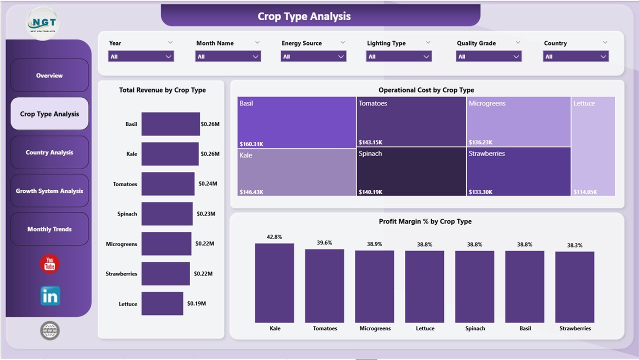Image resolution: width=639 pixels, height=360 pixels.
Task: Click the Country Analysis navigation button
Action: pyautogui.click(x=49, y=152)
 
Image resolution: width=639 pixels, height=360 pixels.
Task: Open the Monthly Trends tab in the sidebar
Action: pyautogui.click(x=49, y=229)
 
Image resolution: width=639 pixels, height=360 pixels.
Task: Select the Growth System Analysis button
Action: pyautogui.click(x=49, y=191)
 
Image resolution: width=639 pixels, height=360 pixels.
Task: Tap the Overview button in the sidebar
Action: pyautogui.click(x=49, y=75)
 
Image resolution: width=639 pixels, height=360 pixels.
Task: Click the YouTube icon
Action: pyautogui.click(x=49, y=264)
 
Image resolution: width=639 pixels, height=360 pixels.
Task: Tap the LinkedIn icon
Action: pyautogui.click(x=50, y=296)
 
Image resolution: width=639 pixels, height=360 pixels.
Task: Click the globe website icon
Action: pyautogui.click(x=49, y=330)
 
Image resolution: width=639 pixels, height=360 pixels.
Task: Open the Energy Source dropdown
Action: pyautogui.click(x=313, y=56)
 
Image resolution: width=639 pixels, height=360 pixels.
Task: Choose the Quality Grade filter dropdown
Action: pyautogui.click(x=488, y=56)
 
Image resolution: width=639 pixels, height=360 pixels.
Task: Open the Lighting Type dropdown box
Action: pyautogui.click(x=398, y=56)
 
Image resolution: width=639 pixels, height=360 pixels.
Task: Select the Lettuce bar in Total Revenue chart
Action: pyautogui.click(x=162, y=303)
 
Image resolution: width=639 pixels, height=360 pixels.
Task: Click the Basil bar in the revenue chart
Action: pyautogui.click(x=170, y=124)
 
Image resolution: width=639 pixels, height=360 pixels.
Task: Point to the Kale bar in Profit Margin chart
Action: pyautogui.click(x=274, y=283)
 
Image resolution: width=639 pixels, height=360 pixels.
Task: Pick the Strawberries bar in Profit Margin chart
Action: pyautogui.click(x=574, y=287)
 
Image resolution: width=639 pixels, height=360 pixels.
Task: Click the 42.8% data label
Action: pyautogui.click(x=274, y=237)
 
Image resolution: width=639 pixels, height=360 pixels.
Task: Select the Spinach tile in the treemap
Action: pyautogui.click(x=411, y=171)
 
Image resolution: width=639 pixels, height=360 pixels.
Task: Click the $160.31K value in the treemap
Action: pyautogui.click(x=251, y=144)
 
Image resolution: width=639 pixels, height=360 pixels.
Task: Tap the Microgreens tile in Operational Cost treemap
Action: pyautogui.click(x=518, y=121)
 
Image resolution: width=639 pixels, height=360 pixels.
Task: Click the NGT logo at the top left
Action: pyautogui.click(x=42, y=23)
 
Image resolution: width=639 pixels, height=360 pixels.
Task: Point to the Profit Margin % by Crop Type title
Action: pyautogui.click(x=425, y=221)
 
